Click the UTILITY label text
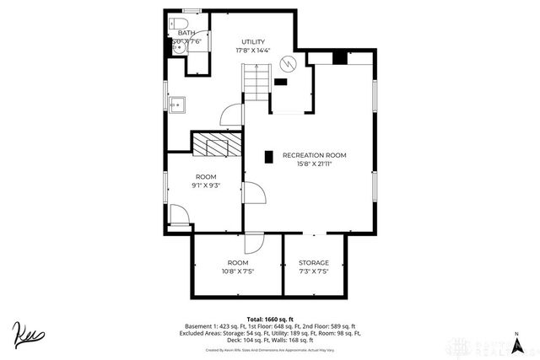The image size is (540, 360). click(253, 41)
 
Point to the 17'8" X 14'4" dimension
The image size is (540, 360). click(253, 51)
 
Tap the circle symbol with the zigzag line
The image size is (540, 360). click(289, 63)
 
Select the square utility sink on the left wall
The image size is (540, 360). click(176, 105)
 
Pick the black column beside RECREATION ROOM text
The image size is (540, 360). click(268, 156)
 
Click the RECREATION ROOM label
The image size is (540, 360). click(314, 155)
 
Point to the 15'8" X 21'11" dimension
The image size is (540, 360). click(314, 164)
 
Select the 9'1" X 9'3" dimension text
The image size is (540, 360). click(206, 185)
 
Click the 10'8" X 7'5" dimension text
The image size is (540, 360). click(238, 271)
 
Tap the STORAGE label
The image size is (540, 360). click(313, 262)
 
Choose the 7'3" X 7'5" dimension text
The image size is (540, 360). click(313, 271)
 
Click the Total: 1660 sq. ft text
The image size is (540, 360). click(269, 319)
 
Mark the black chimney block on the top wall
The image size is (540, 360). click(338, 58)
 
